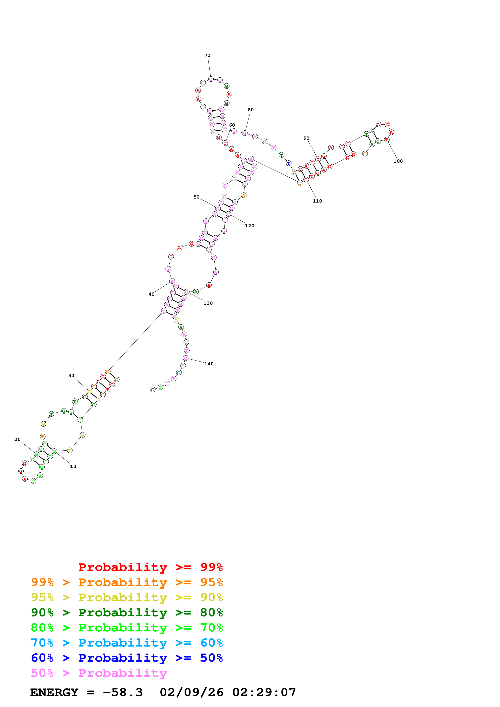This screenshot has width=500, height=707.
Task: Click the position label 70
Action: (x=207, y=55)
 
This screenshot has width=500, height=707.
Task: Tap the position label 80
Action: (x=251, y=110)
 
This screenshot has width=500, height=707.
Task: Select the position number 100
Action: (x=398, y=161)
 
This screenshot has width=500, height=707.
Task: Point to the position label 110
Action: (x=317, y=201)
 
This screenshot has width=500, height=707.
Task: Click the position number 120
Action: (x=249, y=226)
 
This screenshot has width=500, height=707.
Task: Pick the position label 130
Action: (x=208, y=303)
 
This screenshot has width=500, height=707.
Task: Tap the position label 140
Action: (x=209, y=364)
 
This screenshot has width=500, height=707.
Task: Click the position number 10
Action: (x=73, y=467)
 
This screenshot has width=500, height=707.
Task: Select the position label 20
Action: (x=18, y=439)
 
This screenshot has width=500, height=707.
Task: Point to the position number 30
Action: (x=71, y=376)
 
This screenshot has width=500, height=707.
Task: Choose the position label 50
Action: (x=196, y=197)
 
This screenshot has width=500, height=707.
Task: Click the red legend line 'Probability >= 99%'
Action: (x=150, y=567)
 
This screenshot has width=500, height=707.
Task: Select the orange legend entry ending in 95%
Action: (x=127, y=582)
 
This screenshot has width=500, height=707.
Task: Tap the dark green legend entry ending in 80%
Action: (x=127, y=612)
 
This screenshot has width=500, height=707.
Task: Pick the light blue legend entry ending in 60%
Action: (x=127, y=643)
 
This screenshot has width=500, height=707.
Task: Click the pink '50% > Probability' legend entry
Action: (x=99, y=673)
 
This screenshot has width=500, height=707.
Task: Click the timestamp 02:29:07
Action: (x=264, y=692)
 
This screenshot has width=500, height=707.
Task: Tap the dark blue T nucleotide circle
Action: (x=288, y=163)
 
